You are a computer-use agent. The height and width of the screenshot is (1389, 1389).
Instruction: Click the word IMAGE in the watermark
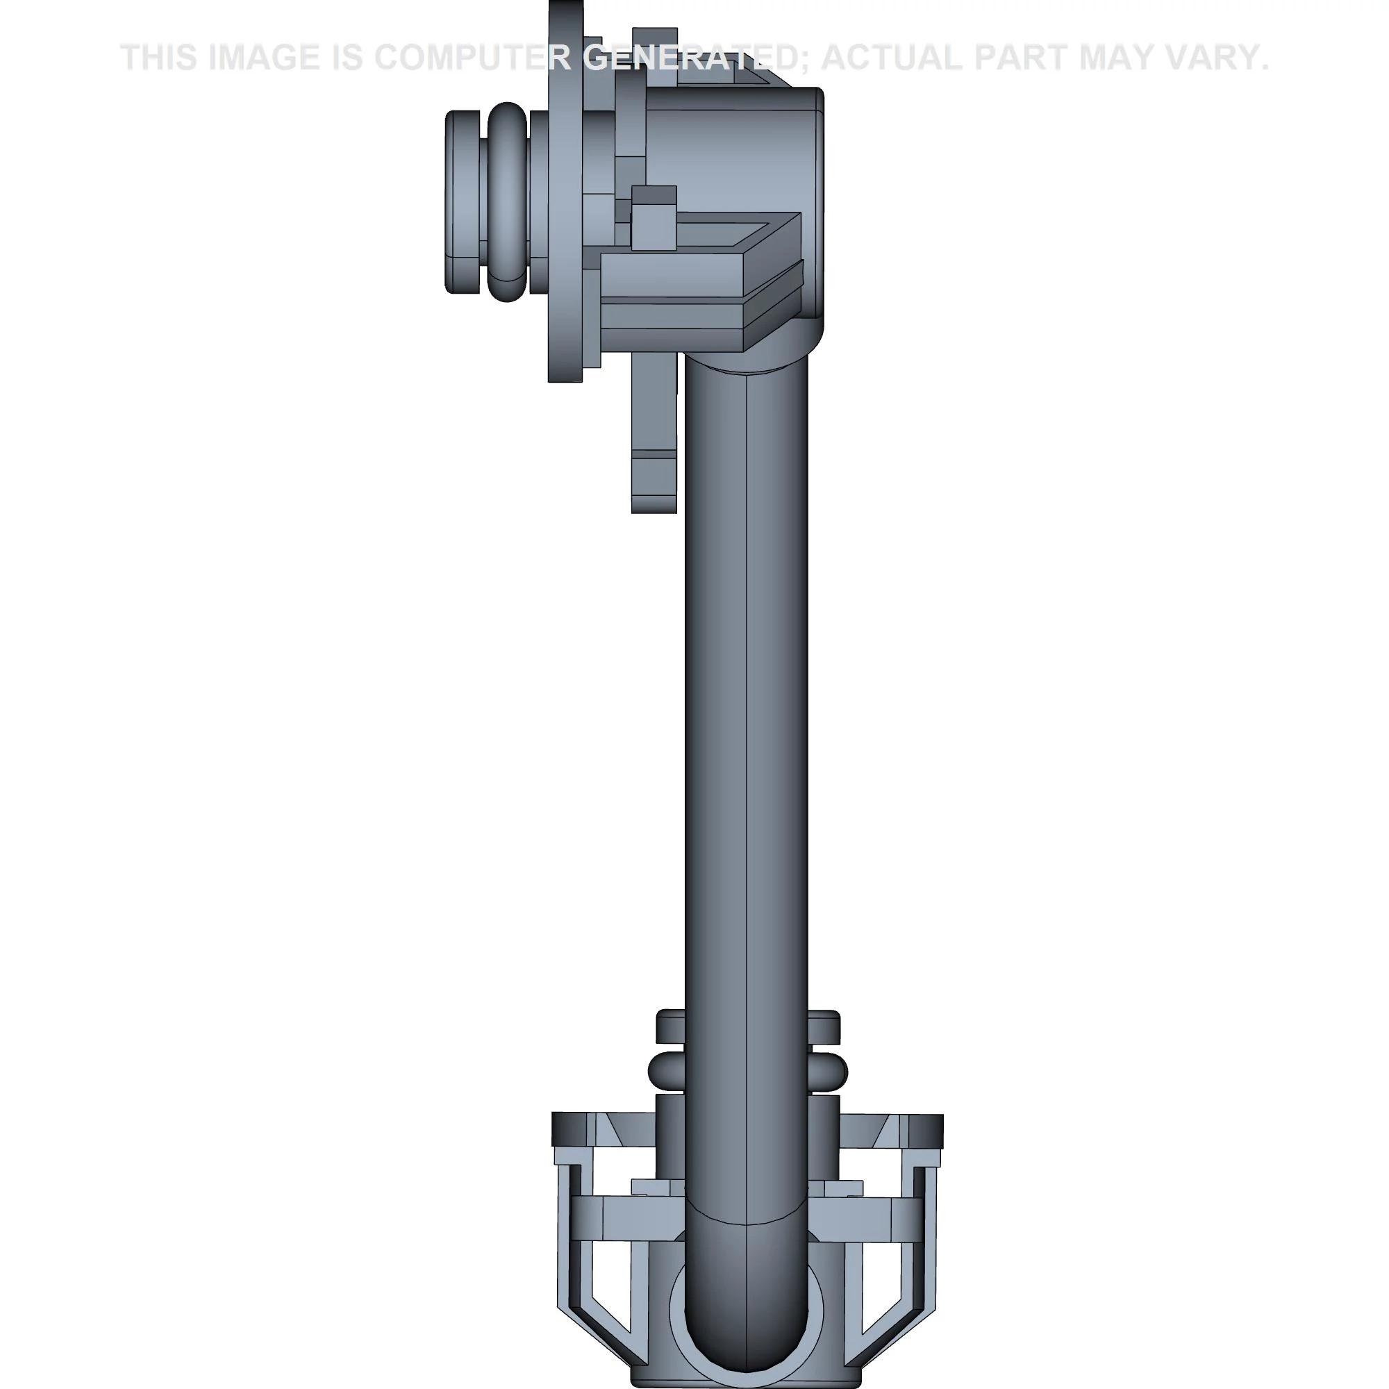click(x=263, y=58)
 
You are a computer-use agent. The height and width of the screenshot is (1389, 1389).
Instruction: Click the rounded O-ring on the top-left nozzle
click(x=507, y=201)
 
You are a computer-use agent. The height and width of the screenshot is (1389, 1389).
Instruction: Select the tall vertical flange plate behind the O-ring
click(x=565, y=216)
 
